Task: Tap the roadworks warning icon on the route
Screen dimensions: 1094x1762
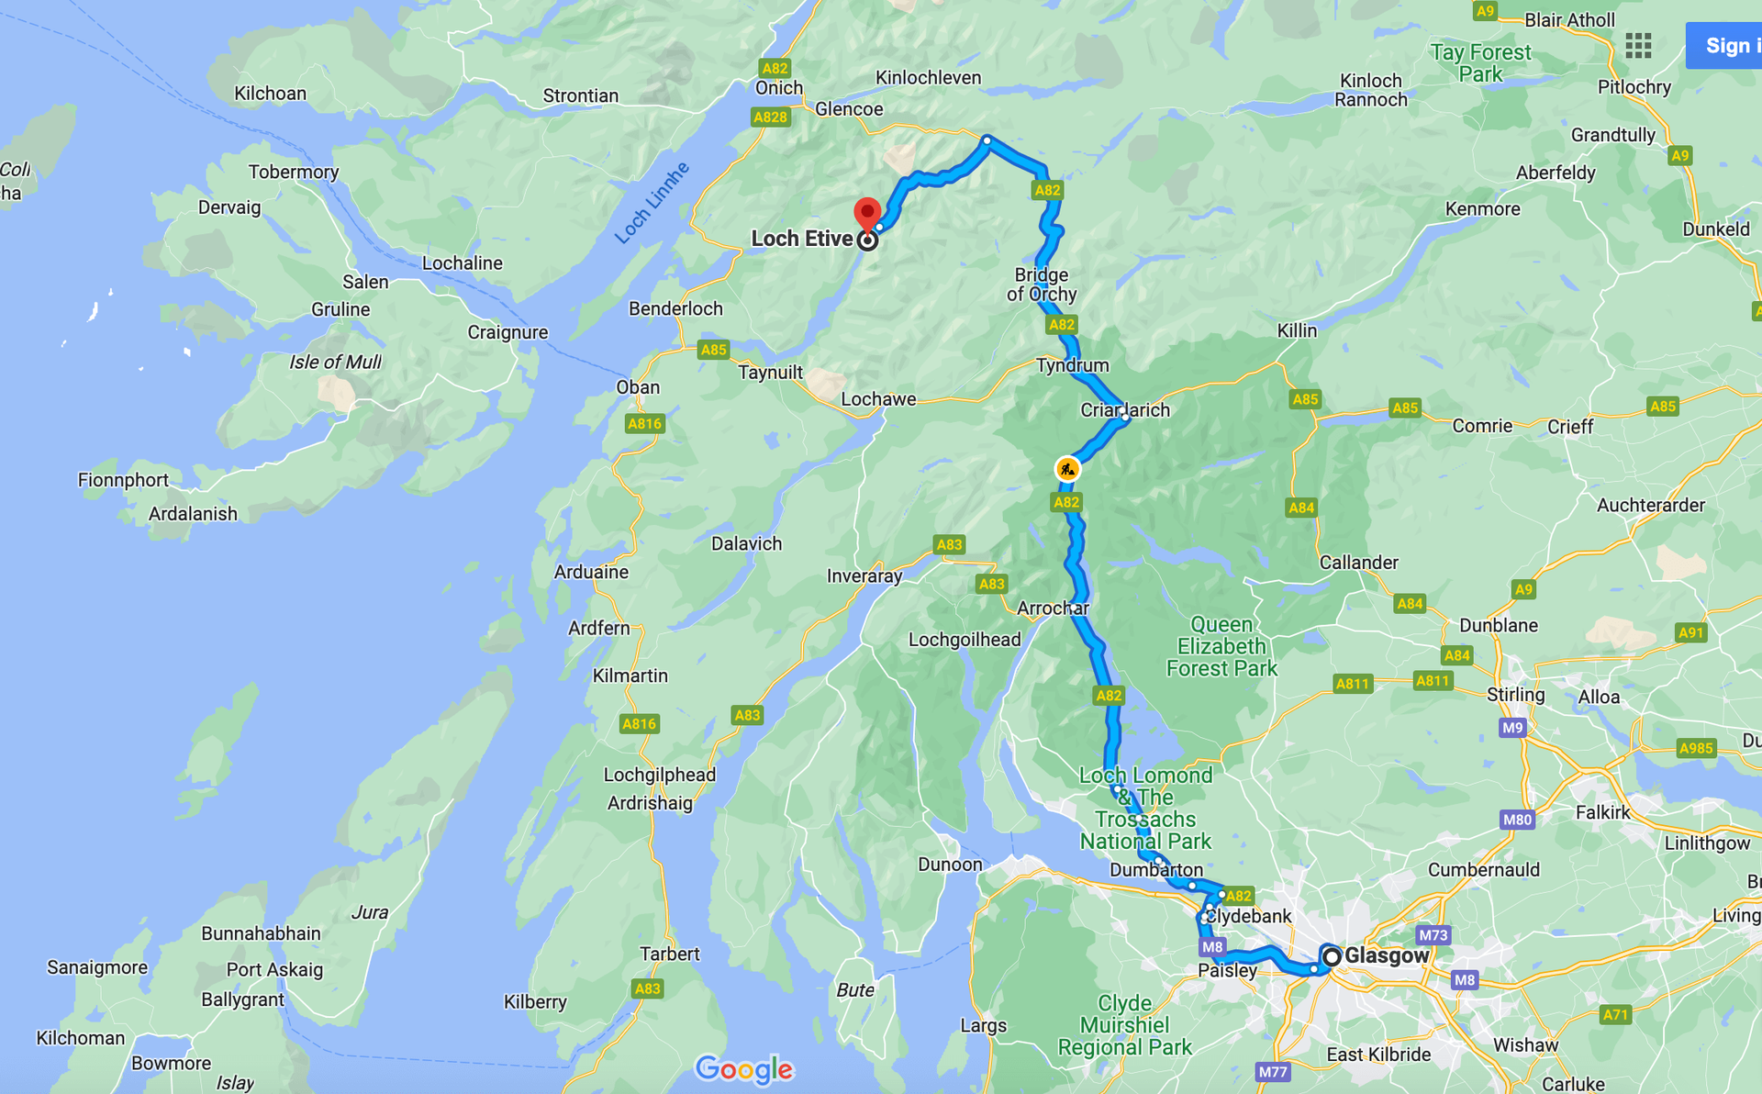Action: click(x=1066, y=470)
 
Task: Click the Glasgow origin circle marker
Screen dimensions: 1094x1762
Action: click(x=1331, y=956)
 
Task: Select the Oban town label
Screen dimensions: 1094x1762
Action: click(x=638, y=387)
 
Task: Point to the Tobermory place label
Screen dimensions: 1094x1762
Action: click(x=294, y=172)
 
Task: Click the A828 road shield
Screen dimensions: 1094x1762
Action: click(x=770, y=117)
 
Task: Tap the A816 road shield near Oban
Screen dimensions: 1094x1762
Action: click(x=644, y=423)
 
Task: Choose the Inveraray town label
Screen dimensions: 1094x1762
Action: click(x=864, y=576)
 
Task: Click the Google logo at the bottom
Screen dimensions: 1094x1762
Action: click(x=744, y=1069)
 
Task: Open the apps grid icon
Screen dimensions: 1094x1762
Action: click(x=1638, y=46)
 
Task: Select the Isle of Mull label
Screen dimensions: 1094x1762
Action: click(x=335, y=362)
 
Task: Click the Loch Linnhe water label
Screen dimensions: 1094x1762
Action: click(x=652, y=204)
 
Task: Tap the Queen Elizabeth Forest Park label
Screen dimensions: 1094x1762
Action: click(x=1221, y=646)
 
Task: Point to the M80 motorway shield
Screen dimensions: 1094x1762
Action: click(x=1517, y=820)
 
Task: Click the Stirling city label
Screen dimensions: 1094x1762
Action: click(x=1515, y=695)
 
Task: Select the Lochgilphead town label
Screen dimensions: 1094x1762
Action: click(x=659, y=775)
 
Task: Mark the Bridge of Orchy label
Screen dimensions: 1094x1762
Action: click(x=1041, y=285)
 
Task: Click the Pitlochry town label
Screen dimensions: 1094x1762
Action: click(x=1634, y=87)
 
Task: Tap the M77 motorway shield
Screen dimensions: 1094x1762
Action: click(x=1272, y=1072)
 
